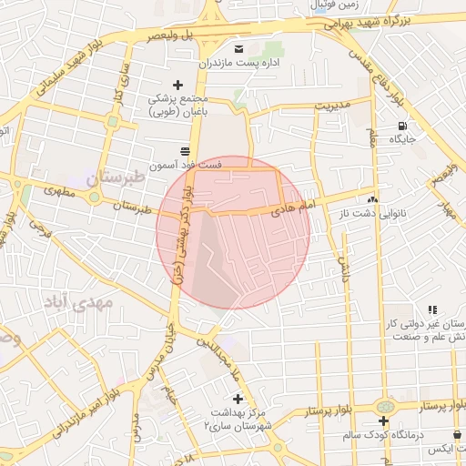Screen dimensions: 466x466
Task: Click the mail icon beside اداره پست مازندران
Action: click(x=239, y=47)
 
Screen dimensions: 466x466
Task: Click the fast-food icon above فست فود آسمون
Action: click(x=185, y=150)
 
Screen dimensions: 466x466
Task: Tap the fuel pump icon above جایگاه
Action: click(x=402, y=126)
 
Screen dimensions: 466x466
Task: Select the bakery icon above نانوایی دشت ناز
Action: click(x=372, y=198)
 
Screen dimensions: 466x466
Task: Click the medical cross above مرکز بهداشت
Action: click(x=238, y=399)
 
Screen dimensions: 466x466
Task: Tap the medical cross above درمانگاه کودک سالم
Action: click(x=384, y=420)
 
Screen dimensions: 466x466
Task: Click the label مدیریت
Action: click(x=333, y=104)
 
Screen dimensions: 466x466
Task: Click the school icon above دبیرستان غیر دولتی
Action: click(x=433, y=310)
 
